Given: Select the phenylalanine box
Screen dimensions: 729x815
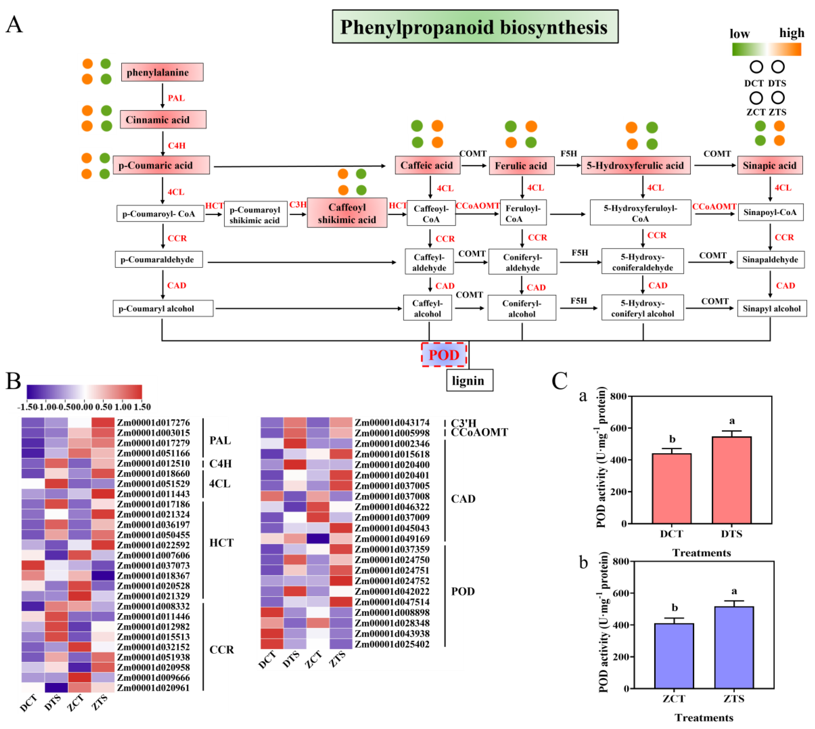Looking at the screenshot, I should (x=162, y=72).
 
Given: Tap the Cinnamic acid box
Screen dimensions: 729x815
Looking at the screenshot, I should (x=163, y=119).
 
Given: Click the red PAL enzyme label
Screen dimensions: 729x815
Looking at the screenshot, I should (x=176, y=98).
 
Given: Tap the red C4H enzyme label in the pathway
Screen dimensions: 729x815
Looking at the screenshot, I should (x=177, y=145).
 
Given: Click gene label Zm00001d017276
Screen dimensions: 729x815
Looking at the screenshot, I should (x=153, y=423).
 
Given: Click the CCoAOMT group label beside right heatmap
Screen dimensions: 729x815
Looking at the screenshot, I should (x=479, y=433).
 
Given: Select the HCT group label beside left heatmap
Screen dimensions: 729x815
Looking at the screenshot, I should (x=221, y=543).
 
